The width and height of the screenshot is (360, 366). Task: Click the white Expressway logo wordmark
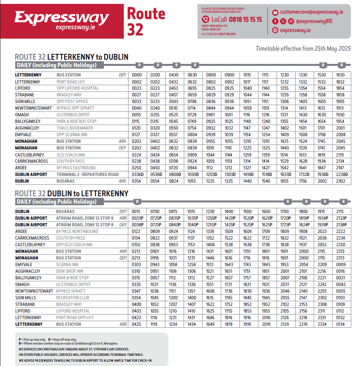(x=62, y=18)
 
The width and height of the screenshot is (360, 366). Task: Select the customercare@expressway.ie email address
(x=311, y=12)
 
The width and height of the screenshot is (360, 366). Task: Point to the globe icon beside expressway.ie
(x=275, y=30)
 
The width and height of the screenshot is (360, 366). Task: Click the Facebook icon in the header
(x=275, y=21)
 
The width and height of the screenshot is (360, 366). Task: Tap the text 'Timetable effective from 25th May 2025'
(x=303, y=49)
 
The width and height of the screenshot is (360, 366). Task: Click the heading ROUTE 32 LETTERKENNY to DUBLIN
(x=71, y=57)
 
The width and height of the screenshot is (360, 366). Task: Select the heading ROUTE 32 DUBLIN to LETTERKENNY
(x=71, y=194)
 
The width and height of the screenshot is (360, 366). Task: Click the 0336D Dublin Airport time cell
(x=138, y=174)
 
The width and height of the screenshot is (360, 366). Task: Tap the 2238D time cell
(x=341, y=174)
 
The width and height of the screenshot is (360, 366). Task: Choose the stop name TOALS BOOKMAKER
(x=75, y=128)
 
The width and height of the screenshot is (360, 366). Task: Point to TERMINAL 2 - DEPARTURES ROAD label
(x=87, y=174)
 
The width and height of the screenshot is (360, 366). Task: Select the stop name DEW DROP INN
(x=70, y=271)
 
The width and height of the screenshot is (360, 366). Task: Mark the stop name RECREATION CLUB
(x=73, y=298)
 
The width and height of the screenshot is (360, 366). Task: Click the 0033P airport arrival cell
(x=138, y=218)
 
